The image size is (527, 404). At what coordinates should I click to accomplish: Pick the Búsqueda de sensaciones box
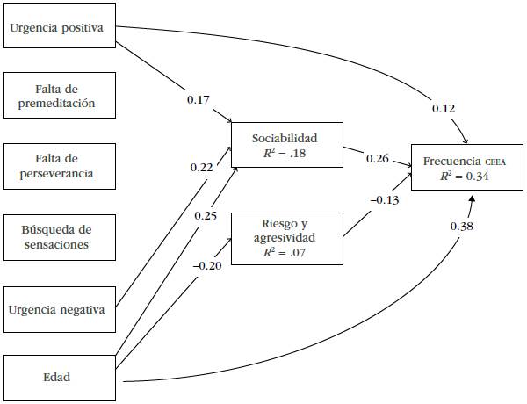(59, 237)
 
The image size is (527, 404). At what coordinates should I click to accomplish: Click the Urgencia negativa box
(59, 308)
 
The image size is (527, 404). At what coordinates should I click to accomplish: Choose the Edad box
(59, 379)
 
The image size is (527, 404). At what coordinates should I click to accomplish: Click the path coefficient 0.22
(202, 166)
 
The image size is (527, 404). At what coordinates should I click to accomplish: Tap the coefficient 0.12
(443, 108)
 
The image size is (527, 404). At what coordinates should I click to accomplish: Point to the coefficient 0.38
(464, 227)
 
